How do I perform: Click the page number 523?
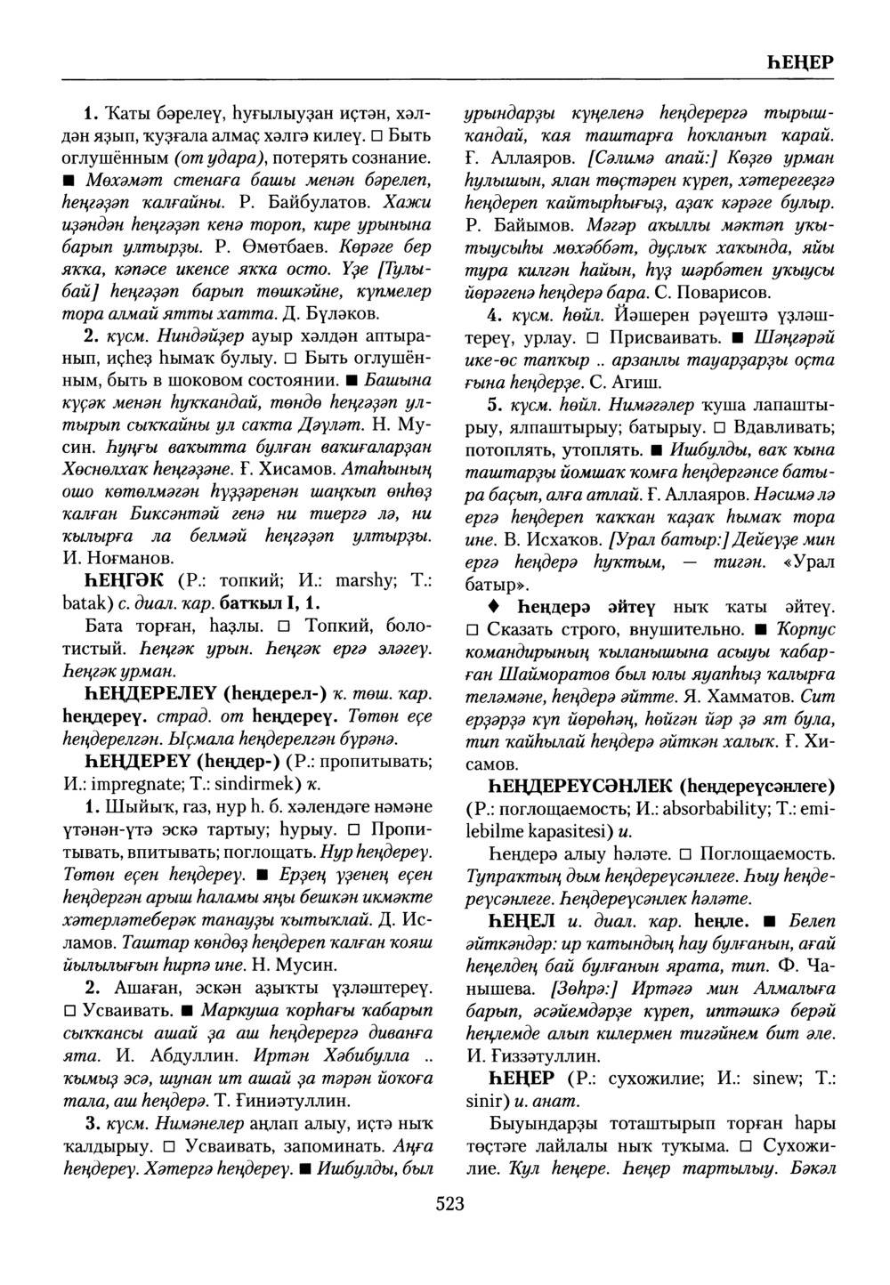450,1205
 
